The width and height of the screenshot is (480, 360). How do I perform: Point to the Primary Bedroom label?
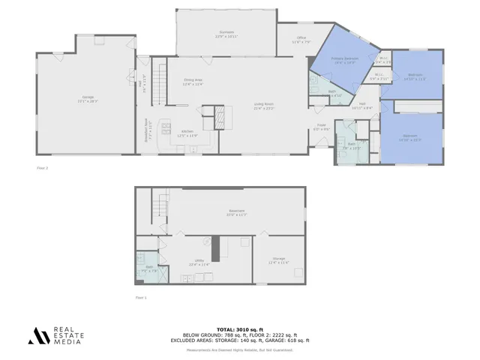(346, 61)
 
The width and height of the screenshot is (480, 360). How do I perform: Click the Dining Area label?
(193, 82)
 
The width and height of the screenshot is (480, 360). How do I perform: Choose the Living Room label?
(264, 107)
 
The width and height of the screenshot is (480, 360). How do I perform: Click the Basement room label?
(237, 213)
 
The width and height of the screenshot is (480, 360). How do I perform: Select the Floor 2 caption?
(42, 167)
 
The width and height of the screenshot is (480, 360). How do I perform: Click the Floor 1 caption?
(140, 298)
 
